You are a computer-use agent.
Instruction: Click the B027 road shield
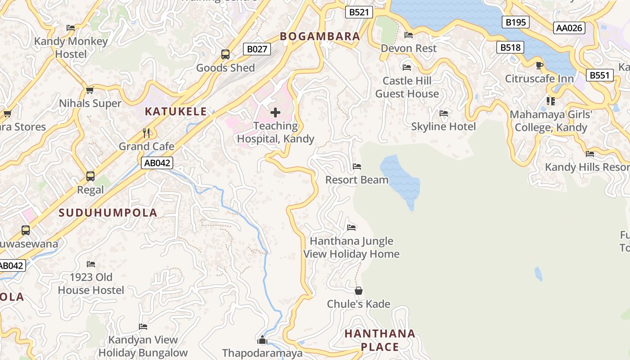257,49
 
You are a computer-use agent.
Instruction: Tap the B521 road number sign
359,12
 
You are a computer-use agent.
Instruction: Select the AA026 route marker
569,28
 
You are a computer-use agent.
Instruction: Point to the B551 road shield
599,75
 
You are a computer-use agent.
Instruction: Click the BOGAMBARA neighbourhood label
320,36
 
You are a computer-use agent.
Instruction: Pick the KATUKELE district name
176,112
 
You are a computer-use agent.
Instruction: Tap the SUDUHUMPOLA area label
108,213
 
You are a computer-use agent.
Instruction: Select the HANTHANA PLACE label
380,340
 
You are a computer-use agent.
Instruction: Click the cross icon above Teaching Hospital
275,112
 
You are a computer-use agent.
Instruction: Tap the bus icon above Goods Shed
225,54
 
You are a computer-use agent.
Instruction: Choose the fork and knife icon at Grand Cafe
146,133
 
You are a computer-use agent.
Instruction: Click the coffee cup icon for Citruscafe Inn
539,66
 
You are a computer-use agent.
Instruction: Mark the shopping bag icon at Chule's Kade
358,291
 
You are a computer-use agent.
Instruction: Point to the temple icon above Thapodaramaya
262,339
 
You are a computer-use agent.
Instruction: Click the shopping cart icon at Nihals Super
90,90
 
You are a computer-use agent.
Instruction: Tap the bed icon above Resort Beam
357,166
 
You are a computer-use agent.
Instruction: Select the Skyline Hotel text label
443,127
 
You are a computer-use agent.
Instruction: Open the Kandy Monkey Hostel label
71,48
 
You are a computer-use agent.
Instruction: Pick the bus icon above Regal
90,176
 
